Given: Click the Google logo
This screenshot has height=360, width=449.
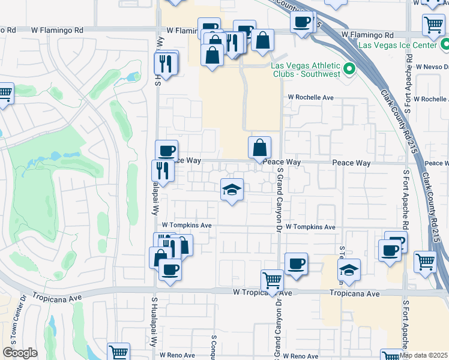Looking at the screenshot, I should click(x=20, y=353).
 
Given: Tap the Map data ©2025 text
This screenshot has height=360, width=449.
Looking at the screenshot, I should click(x=424, y=355).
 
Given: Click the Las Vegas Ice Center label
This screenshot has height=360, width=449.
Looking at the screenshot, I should click(x=397, y=45).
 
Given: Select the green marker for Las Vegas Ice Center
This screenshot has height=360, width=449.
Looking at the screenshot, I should click(x=445, y=44).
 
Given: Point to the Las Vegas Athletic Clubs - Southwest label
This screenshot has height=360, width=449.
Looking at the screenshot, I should click(x=306, y=70).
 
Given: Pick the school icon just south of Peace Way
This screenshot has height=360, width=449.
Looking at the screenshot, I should click(x=232, y=190).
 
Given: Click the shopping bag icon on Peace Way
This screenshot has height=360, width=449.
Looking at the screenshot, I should click(x=259, y=148).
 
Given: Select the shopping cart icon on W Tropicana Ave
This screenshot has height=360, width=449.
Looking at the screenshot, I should click(x=273, y=281).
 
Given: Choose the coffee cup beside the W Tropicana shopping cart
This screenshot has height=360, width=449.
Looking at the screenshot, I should click(x=295, y=264).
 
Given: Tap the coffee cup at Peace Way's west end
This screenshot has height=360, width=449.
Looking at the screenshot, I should click(x=166, y=151).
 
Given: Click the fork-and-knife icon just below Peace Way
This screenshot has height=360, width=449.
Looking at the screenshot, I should click(x=163, y=170).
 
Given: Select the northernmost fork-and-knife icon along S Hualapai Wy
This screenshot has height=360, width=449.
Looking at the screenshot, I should click(x=165, y=64).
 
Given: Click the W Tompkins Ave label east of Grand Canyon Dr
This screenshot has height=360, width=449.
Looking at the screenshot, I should click(x=310, y=227).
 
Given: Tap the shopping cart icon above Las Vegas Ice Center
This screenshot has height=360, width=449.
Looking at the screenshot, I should click(x=433, y=25).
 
